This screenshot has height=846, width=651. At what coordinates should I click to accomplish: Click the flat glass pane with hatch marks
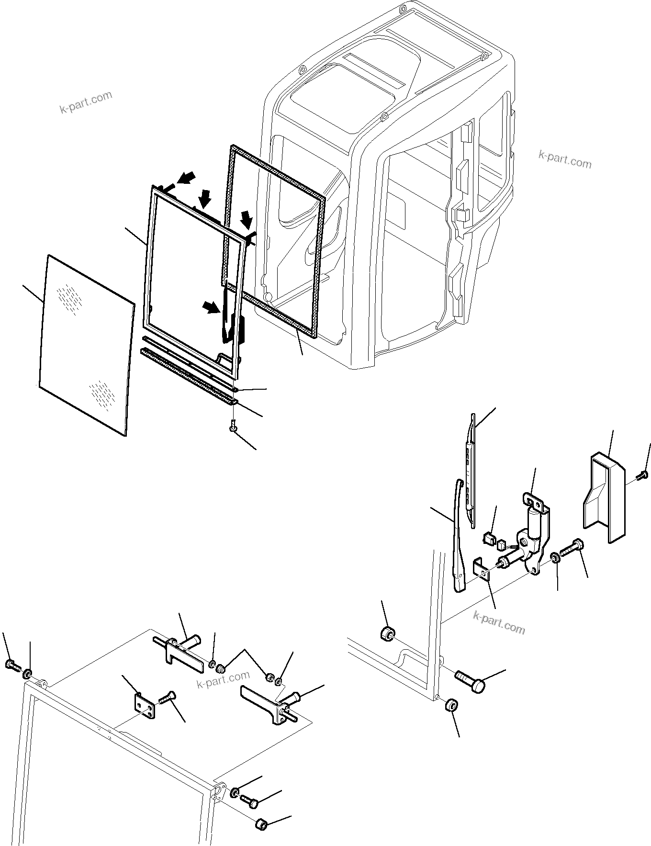pyautogui.click(x=86, y=345)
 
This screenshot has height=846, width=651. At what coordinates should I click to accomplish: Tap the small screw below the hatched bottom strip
pyautogui.click(x=233, y=425)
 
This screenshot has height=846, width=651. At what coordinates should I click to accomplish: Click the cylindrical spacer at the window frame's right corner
pyautogui.click(x=261, y=825)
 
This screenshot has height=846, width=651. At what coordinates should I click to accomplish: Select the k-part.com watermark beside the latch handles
pyautogui.click(x=223, y=678)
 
